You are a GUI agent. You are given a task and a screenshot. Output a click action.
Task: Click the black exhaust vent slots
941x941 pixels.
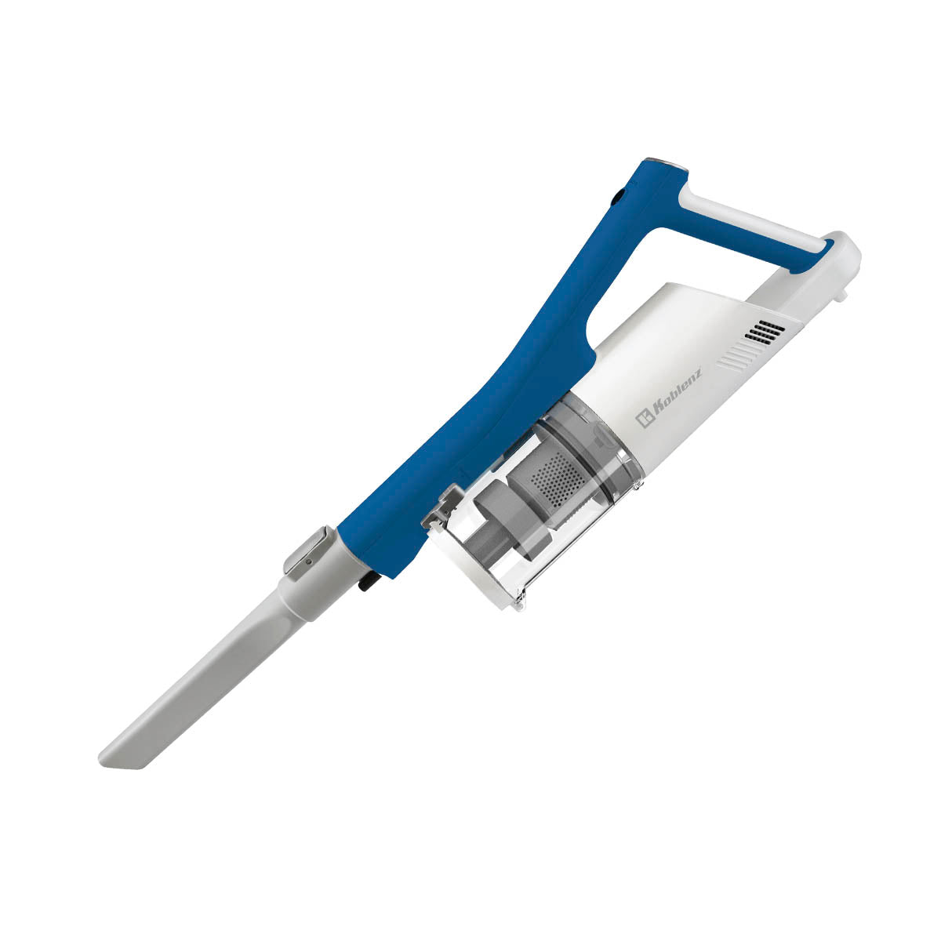[x=765, y=332]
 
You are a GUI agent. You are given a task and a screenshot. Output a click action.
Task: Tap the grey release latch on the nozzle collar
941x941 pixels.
[x=304, y=554]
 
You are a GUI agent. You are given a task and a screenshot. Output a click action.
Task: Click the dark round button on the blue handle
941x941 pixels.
[x=618, y=196]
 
